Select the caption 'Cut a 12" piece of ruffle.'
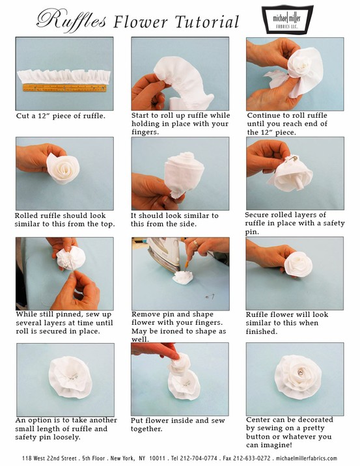click(61, 116)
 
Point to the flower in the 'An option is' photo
click(65, 379)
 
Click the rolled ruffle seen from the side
click(176, 171)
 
